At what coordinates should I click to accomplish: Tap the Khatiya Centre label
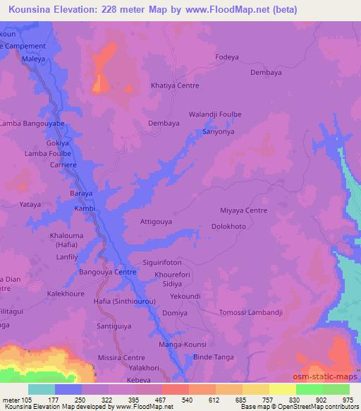tap(175, 85)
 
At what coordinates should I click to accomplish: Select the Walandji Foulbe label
tap(215, 114)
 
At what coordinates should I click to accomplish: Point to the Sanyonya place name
tap(218, 131)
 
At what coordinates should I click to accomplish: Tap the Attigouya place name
tap(156, 221)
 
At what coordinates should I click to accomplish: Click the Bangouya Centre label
tap(107, 272)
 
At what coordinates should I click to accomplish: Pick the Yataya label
tap(30, 204)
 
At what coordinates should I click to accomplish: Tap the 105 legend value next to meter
tap(27, 400)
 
